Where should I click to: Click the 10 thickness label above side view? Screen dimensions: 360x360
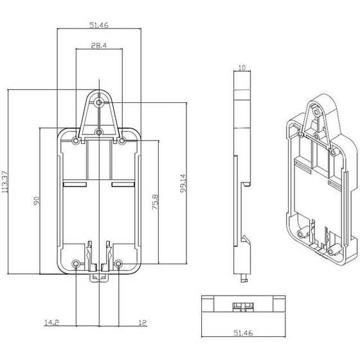(x=241, y=67)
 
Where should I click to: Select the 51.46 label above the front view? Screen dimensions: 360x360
(x=98, y=26)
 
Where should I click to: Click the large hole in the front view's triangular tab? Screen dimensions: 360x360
(x=99, y=102)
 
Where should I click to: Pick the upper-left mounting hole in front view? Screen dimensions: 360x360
(x=77, y=140)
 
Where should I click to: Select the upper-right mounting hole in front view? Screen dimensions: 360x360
(x=122, y=140)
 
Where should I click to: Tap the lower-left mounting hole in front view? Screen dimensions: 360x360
(x=77, y=264)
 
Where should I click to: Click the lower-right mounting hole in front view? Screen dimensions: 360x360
(x=120, y=264)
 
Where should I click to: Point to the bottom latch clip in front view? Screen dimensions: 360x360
(x=99, y=276)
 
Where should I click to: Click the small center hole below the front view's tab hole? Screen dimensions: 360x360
(x=99, y=132)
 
